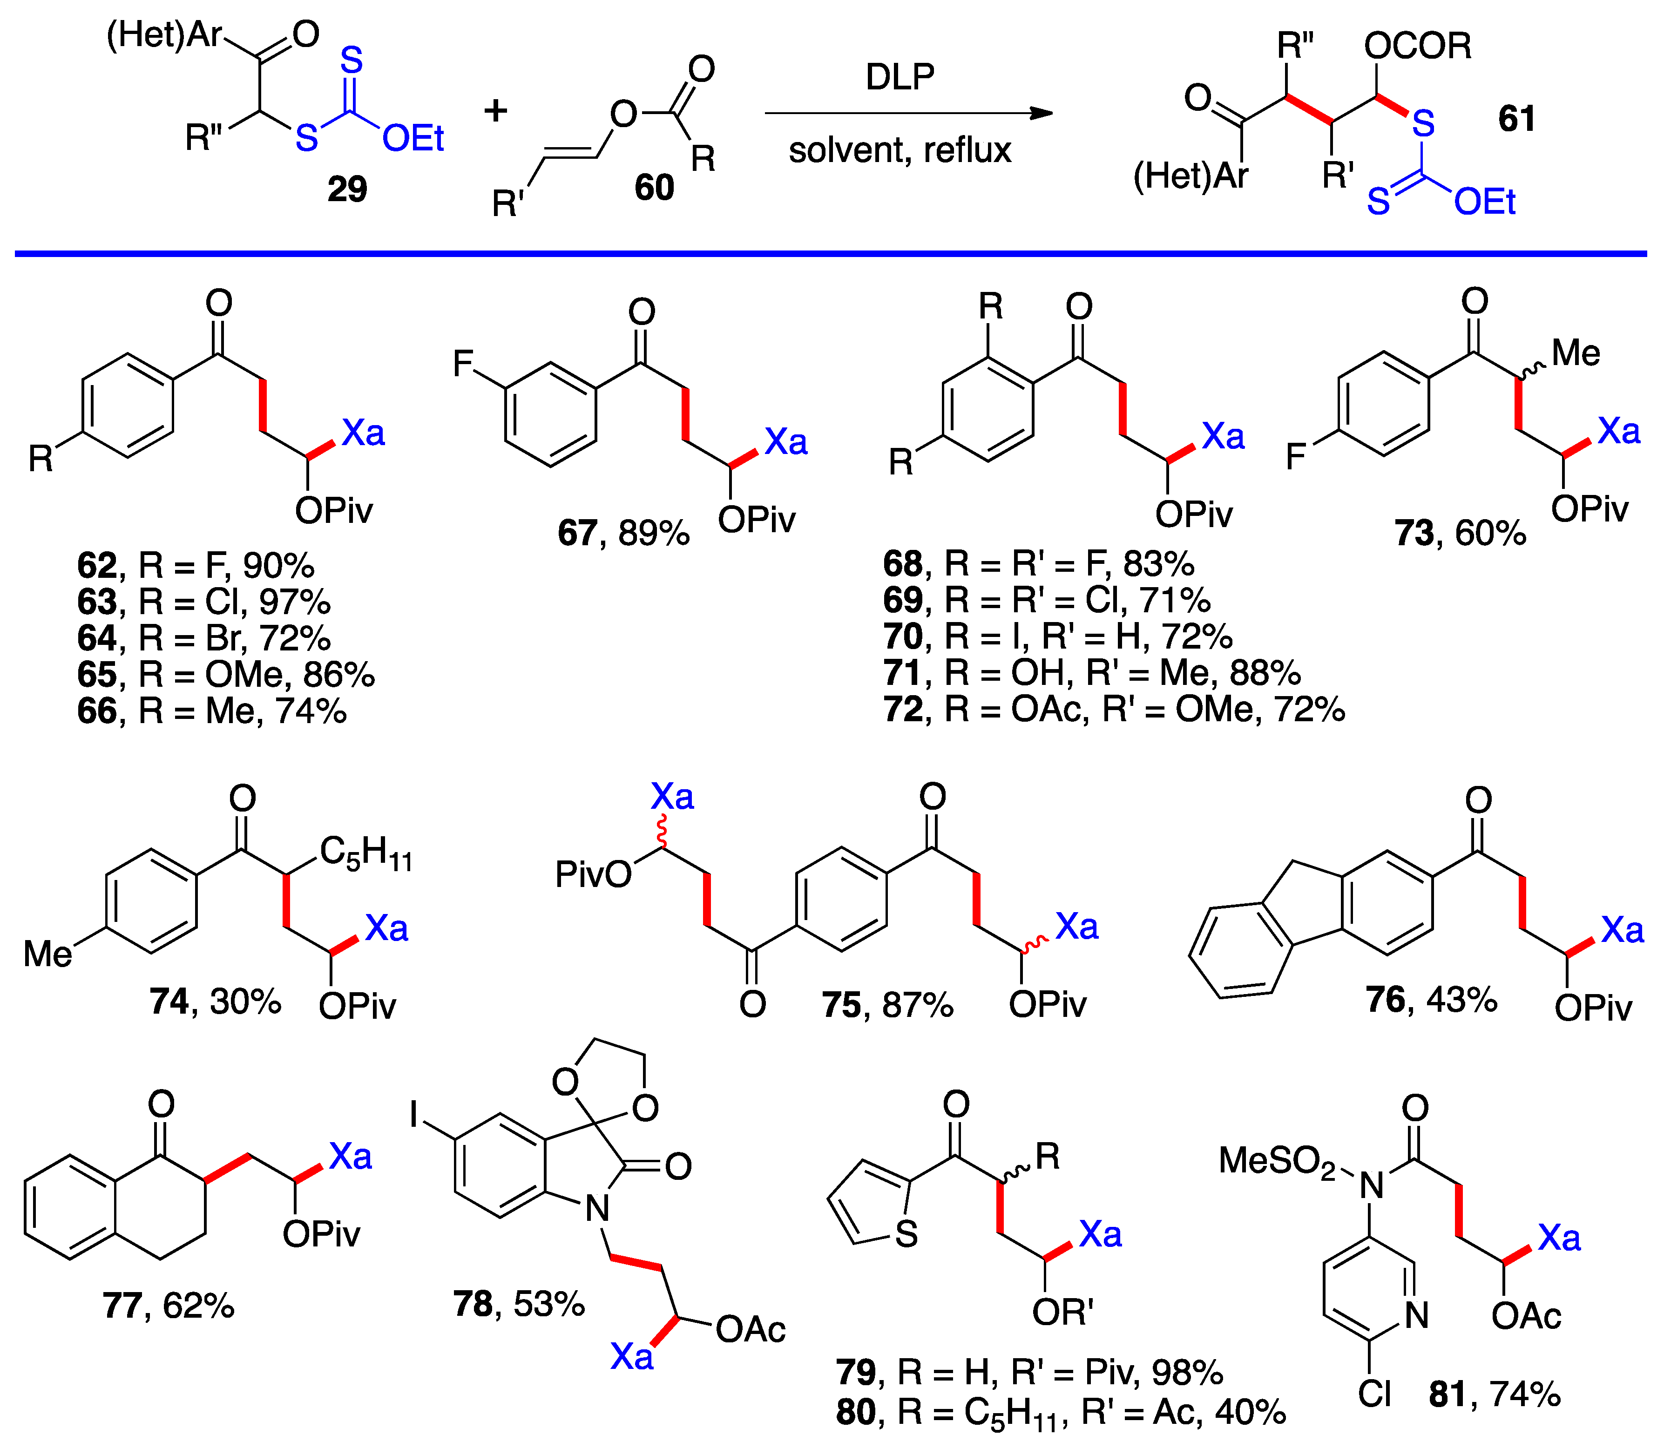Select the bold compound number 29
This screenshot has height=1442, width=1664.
click(x=347, y=189)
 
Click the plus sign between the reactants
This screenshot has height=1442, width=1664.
click(x=496, y=110)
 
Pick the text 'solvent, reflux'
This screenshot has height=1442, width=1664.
click(x=900, y=150)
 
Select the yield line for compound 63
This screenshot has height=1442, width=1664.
click(x=203, y=602)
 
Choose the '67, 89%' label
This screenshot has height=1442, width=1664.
click(x=623, y=533)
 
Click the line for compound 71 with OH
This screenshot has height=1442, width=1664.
click(x=1092, y=673)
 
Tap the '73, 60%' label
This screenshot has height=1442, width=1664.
click(x=1461, y=533)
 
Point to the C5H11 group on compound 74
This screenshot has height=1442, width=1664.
click(x=366, y=853)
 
